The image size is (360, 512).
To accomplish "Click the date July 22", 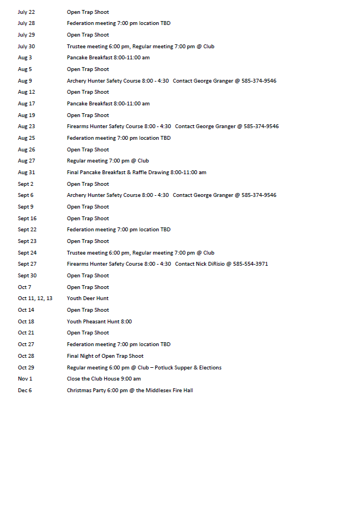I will click(26, 12).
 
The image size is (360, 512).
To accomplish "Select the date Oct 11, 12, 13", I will click(35, 298).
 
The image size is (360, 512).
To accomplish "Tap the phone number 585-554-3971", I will click(250, 264).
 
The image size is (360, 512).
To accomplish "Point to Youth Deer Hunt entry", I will click(88, 298).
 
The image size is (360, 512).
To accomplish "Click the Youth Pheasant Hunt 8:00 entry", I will click(99, 322).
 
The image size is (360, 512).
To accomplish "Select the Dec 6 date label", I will click(24, 391).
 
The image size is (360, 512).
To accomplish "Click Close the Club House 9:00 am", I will click(104, 379).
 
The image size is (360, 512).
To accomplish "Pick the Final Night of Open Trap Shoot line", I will click(105, 356).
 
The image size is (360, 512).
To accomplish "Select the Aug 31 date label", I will click(26, 173).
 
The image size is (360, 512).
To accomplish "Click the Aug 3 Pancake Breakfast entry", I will click(108, 58).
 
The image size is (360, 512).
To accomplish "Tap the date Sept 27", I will click(27, 264).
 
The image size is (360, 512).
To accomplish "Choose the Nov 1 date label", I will click(25, 379).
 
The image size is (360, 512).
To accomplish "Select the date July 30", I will click(26, 47).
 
